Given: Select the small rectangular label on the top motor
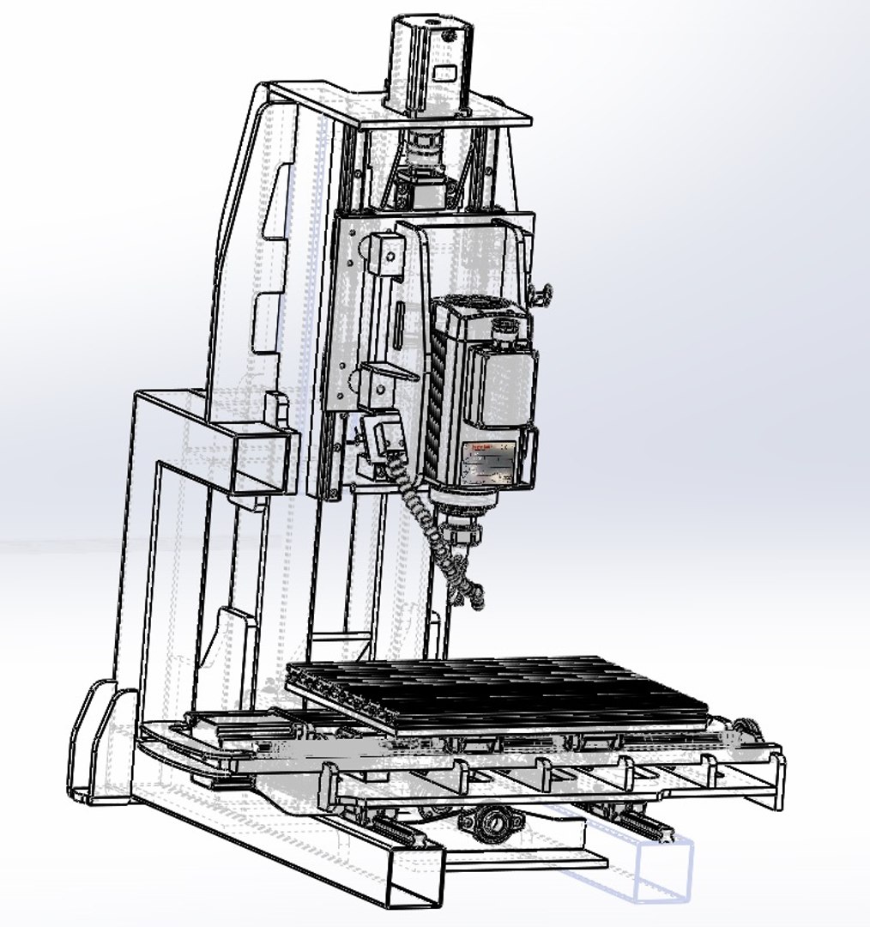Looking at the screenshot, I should (x=444, y=72).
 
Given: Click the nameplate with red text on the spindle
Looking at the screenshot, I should (x=489, y=463).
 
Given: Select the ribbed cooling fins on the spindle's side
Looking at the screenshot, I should (x=434, y=403).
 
